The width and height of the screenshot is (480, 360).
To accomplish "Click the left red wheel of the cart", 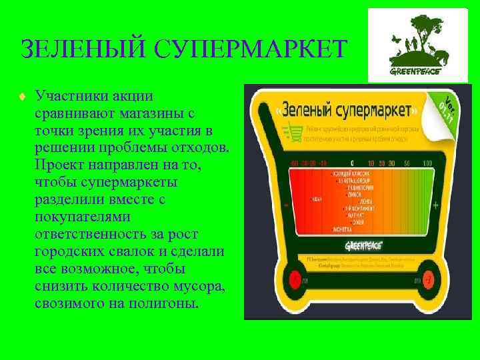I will coord(294,279).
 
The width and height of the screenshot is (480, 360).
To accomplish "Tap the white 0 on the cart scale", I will coord(351,163).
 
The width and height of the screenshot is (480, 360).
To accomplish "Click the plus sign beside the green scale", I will coord(435,207).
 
